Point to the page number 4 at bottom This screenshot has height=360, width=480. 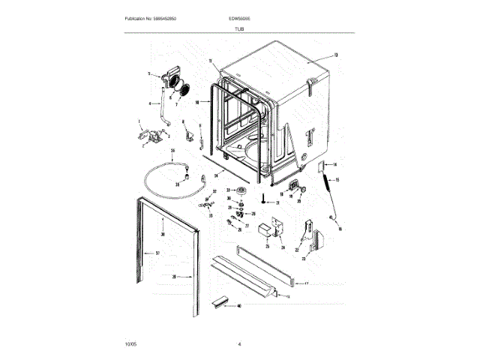pyautogui.click(x=240, y=343)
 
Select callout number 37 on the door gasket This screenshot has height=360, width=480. pyautogui.click(x=157, y=253)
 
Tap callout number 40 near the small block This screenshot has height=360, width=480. pyautogui.click(x=239, y=305)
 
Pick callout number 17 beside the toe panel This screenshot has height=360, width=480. pyautogui.click(x=305, y=284)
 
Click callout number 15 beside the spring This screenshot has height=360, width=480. pyautogui.click(x=337, y=180)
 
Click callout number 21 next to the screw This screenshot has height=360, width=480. pyautogui.click(x=277, y=203)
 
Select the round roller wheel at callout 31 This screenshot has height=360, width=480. pyautogui.click(x=242, y=196)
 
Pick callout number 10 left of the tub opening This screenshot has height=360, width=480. pyautogui.click(x=196, y=101)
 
